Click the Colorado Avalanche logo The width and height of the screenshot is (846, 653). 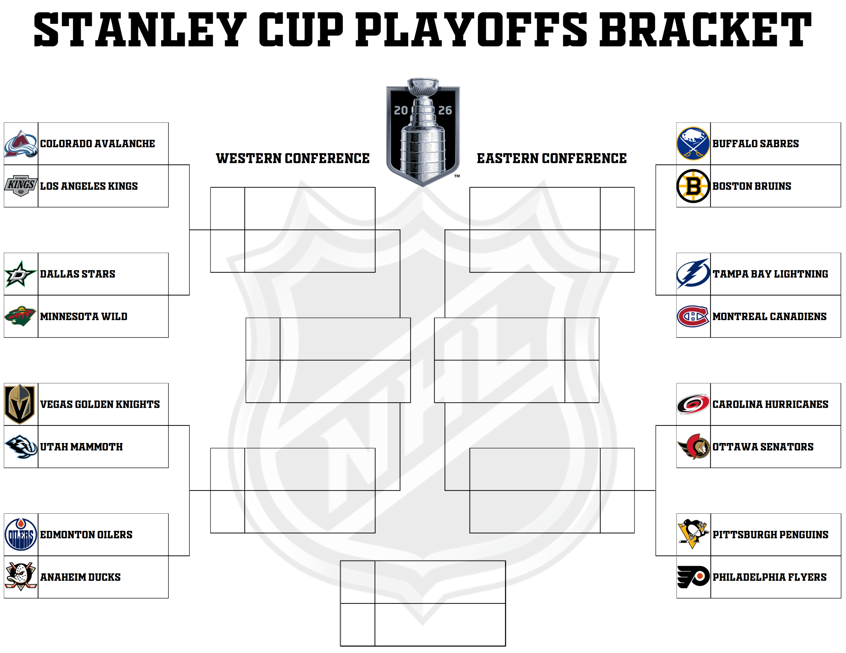coord(21,144)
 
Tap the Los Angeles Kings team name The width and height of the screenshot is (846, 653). coord(89,186)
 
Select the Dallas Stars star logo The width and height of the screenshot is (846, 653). coord(20,274)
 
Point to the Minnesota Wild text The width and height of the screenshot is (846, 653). coord(84,317)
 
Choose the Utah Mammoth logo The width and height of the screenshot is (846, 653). coord(21,446)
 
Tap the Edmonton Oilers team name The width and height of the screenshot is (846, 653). coord(86,534)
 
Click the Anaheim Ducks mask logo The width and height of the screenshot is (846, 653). coord(21,576)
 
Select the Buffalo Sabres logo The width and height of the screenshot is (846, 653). coord(693,144)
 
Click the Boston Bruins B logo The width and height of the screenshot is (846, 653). coord(693,186)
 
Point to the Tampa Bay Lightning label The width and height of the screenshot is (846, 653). coord(770,274)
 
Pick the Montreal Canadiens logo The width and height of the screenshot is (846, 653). coord(693,316)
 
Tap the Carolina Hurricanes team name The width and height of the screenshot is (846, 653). coord(770,404)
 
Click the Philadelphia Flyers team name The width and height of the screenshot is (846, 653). coord(769,577)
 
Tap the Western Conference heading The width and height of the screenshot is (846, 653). coord(293,158)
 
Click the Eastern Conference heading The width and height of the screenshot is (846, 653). coord(552,158)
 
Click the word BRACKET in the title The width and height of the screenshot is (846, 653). coord(705,30)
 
